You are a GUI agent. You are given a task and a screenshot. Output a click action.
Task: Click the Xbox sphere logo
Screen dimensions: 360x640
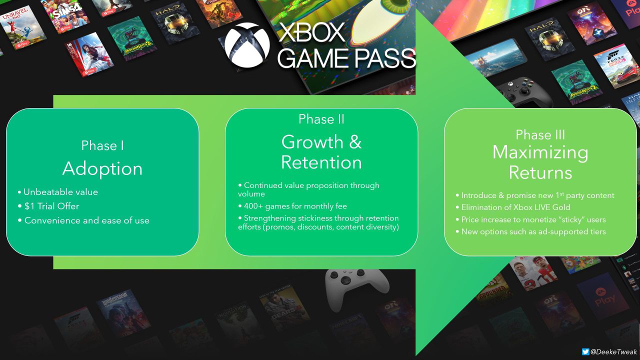pyautogui.click(x=247, y=45)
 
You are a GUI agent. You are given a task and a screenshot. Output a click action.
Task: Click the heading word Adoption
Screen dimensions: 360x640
pyautogui.click(x=102, y=168)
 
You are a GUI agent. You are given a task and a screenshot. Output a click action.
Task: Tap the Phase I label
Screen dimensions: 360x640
pyautogui.click(x=102, y=145)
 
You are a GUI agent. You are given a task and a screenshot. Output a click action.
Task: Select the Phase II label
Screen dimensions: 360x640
pyautogui.click(x=321, y=119)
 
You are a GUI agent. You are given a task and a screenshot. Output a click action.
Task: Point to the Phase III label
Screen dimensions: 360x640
pyautogui.click(x=540, y=134)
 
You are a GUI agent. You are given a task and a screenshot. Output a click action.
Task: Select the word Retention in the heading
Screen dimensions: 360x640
pyautogui.click(x=321, y=162)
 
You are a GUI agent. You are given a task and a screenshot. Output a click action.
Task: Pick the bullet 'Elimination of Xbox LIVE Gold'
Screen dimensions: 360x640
pyautogui.click(x=513, y=207)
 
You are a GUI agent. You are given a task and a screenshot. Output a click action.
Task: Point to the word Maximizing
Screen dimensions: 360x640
pyautogui.click(x=540, y=152)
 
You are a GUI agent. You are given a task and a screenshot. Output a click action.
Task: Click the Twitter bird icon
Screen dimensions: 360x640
pyautogui.click(x=585, y=352)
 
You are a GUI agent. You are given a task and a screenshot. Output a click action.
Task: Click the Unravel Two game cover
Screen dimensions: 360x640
pyautogui.click(x=21, y=27)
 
